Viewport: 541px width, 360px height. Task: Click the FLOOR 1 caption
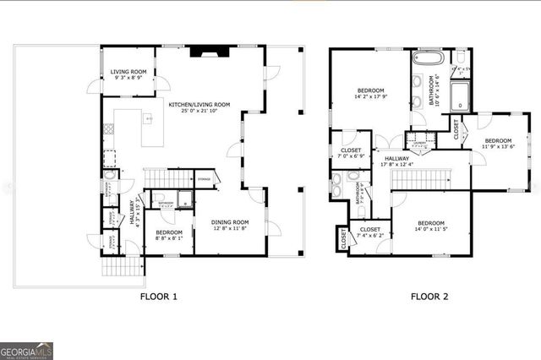click(157, 297)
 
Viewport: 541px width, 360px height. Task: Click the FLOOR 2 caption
click(429, 297)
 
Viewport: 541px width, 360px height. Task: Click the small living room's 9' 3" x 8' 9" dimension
click(128, 78)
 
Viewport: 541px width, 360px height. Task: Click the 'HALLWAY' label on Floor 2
click(397, 158)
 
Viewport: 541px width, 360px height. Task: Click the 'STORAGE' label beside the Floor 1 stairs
click(204, 179)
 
